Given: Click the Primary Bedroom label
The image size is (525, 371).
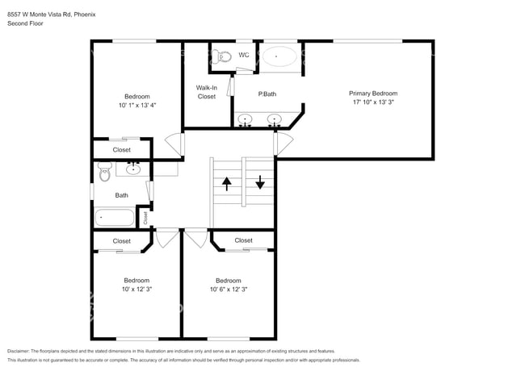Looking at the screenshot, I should point(372,94).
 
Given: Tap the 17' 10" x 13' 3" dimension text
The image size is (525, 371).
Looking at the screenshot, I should point(372,102).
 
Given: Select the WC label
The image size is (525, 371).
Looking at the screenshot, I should point(244,56).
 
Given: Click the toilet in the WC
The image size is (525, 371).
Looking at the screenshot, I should point(220,56).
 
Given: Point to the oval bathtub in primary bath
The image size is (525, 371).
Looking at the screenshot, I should point(279,56).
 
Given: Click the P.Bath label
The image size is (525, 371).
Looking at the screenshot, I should point(267,94).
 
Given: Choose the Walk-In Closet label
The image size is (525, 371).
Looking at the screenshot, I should point(207,92).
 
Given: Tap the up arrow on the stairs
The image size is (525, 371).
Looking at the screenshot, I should point(228,182).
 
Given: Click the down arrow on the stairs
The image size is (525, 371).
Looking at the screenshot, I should point(260,181).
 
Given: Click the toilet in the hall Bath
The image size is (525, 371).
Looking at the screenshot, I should point(104,171).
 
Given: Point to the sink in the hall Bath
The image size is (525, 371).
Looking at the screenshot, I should point(133,169).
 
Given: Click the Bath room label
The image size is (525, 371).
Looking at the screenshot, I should point(121,195).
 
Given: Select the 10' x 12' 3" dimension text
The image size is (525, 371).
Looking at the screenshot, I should point(136,290).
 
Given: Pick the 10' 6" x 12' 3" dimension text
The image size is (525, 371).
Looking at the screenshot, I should point(228,290).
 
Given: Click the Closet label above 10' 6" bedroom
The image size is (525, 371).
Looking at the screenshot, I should point(243,240).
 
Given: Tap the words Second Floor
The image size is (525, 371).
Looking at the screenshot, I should point(26,23).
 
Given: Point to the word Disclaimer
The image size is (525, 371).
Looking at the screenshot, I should point(23,352).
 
